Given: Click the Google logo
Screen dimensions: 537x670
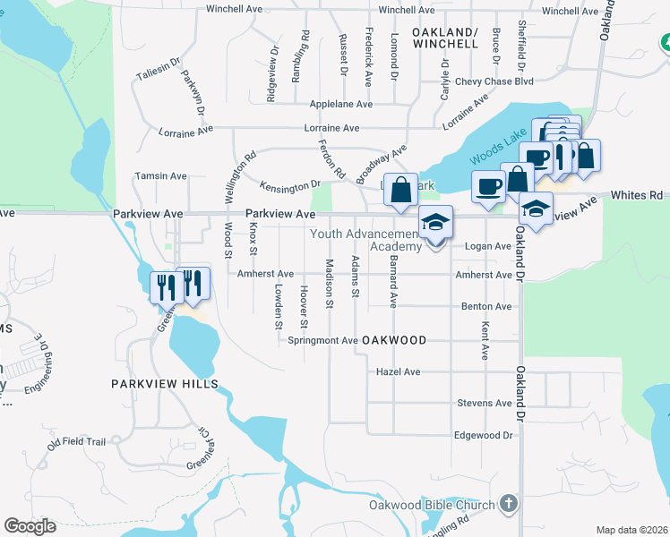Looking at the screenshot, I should (30, 525).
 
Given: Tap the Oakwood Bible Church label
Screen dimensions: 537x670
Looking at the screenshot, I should (432, 505).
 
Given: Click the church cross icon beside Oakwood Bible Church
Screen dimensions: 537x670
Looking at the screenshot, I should (510, 504).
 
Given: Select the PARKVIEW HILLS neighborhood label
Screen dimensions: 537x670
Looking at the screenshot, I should (164, 383).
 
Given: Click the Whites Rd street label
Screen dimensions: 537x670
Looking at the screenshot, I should (644, 194).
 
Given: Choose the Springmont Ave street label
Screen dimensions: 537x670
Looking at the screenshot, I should (322, 340).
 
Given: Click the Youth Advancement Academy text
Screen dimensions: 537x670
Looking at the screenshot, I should (365, 240).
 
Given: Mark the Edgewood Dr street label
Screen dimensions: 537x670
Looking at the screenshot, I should (483, 435).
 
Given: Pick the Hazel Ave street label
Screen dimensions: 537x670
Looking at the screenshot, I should (399, 371).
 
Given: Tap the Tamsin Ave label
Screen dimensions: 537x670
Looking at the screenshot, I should (159, 176).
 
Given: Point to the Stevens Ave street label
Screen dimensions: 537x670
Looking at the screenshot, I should (485, 403).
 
